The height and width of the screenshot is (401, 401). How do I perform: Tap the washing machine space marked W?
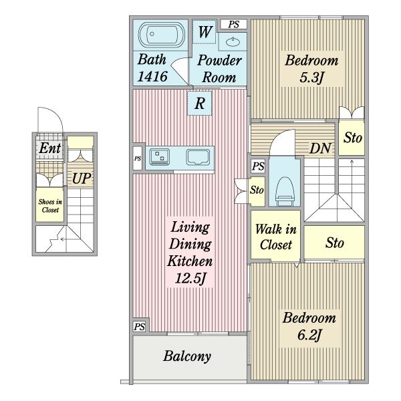tap(205, 32)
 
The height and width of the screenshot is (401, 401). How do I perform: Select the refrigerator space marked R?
tap(199, 104)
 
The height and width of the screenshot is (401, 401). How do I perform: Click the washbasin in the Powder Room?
tap(233, 41)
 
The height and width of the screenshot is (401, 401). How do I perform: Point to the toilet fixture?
tap(285, 191)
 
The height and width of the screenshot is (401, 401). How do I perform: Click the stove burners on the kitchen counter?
tap(159, 156)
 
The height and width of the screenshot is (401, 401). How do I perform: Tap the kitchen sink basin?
tap(198, 157)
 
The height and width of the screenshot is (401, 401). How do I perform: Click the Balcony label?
tap(187, 356)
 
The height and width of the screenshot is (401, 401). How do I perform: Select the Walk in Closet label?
tap(275, 237)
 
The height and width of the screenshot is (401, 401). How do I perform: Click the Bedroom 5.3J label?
tap(311, 69)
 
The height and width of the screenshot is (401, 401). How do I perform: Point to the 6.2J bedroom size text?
tap(309, 335)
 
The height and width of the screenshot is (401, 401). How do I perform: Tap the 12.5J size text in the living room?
tap(190, 278)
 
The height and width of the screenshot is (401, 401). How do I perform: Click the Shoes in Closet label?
tap(50, 206)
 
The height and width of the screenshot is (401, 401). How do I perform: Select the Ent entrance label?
tap(50, 148)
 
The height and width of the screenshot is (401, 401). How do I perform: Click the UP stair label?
tap(82, 178)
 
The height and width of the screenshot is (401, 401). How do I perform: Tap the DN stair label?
tap(320, 148)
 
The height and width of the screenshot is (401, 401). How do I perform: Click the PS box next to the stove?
tap(138, 158)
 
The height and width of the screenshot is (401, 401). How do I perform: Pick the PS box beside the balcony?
tap(140, 327)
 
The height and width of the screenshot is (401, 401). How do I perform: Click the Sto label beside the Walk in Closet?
tap(335, 243)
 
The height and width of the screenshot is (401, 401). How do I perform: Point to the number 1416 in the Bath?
tap(152, 76)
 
